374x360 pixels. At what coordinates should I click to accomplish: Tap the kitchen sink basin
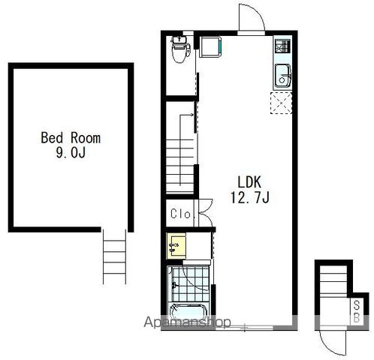click(x=283, y=76)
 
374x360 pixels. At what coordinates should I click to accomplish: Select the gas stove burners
click(x=282, y=46)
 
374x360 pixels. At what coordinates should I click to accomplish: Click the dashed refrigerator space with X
click(x=281, y=103)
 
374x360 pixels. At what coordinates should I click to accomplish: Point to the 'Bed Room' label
click(x=71, y=138)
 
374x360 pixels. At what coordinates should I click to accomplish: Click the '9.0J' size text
click(x=71, y=152)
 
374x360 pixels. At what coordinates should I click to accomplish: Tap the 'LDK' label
click(x=249, y=182)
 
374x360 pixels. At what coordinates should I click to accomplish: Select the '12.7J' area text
click(x=249, y=197)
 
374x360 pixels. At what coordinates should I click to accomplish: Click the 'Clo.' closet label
click(x=181, y=214)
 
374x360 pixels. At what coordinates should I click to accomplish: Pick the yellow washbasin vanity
click(x=176, y=246)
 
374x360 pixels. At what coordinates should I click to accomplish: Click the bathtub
click(x=189, y=313)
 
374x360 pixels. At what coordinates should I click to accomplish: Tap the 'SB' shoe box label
click(x=357, y=311)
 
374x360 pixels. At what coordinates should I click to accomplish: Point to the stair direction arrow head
click(x=192, y=115)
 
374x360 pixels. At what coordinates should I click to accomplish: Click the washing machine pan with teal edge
click(x=210, y=47)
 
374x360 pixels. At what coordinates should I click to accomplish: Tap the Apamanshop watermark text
click(x=187, y=322)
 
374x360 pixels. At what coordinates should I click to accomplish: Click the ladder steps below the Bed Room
click(x=114, y=257)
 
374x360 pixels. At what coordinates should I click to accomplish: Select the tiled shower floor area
click(x=190, y=284)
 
